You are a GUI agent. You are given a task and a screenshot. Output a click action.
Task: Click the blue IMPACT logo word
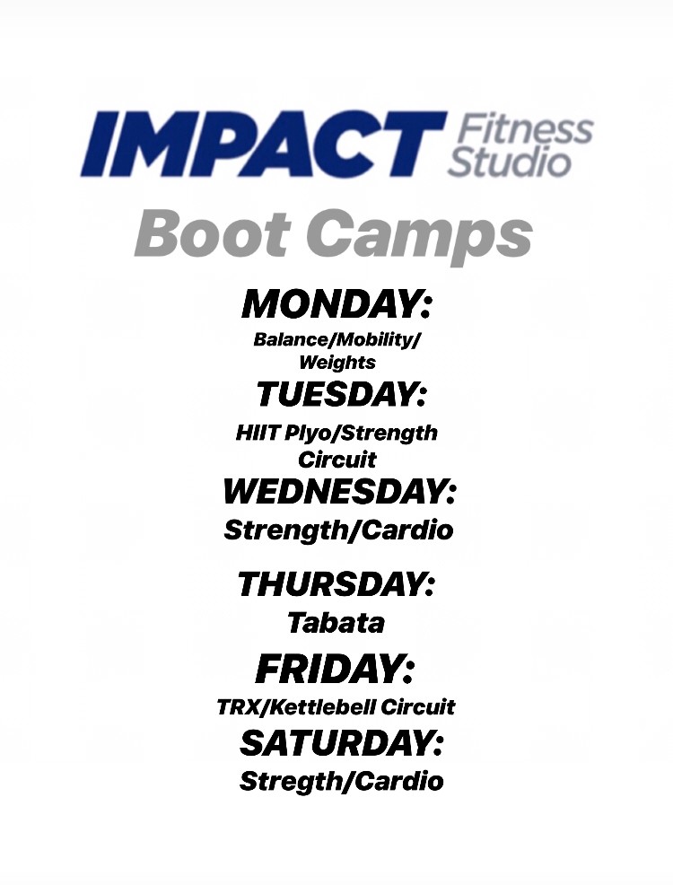pos(263,145)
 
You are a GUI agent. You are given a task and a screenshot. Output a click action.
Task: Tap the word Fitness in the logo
pos(525,129)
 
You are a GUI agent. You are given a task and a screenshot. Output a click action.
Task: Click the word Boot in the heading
pos(214,233)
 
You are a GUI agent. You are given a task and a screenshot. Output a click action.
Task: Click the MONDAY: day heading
pos(336,305)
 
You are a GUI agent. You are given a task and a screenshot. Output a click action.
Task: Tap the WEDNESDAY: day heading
pos(339,491)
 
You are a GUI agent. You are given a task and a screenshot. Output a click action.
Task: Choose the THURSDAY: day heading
pos(336,583)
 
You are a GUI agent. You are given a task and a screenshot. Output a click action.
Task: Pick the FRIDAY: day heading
pos(335,670)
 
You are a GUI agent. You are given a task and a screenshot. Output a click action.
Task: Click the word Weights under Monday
pos(337,362)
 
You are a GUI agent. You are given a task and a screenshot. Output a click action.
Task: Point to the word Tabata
pos(336,623)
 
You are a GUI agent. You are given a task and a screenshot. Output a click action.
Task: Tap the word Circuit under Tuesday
pos(336,460)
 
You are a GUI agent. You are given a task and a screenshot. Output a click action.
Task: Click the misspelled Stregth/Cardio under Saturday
pos(341,782)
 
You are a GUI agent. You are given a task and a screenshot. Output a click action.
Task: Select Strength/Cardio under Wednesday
pos(338,530)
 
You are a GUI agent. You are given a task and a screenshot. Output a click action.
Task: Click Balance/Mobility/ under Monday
pos(337,340)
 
